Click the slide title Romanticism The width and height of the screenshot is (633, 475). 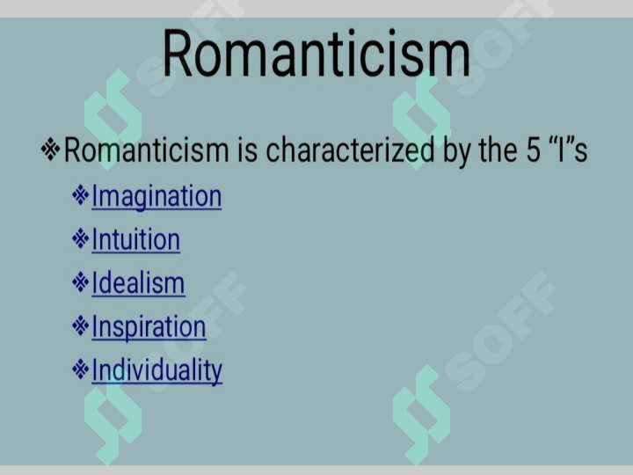coord(316,53)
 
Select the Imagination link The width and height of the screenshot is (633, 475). coord(156,197)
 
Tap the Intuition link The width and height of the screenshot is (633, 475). coord(135,239)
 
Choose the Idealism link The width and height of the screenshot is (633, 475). coord(138,283)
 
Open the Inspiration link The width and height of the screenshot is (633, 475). coord(149,327)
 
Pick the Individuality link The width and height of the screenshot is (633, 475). coord(156,371)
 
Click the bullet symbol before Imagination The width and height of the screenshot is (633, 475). coord(80,194)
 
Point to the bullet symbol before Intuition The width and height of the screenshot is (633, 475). coord(80,238)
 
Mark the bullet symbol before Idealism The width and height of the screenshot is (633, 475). coord(80,282)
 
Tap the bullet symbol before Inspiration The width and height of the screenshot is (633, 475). coord(80,325)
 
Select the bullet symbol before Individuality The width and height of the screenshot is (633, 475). coord(80,369)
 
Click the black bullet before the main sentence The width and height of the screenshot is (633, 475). coord(50,150)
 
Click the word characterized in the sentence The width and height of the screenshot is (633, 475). coord(350,150)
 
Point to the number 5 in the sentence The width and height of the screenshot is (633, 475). coord(533,150)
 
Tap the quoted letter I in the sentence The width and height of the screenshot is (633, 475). coord(559,150)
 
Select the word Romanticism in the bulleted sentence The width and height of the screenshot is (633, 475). coord(147,150)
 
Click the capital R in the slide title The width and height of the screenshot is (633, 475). coord(178,54)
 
